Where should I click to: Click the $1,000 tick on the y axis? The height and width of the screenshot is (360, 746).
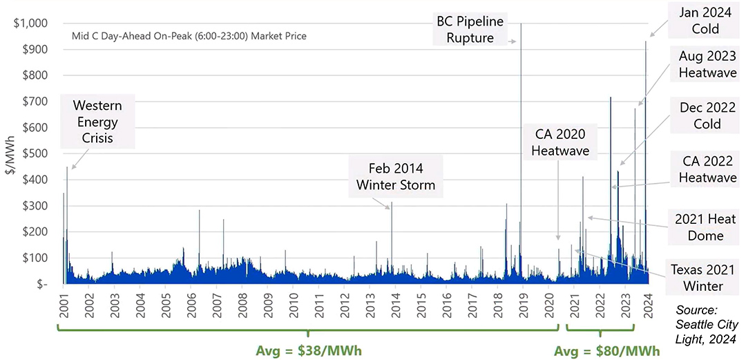30,23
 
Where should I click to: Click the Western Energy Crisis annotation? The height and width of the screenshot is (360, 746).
97,122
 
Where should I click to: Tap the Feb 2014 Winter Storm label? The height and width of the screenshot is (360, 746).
396,176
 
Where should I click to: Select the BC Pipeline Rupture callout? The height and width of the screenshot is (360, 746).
470,30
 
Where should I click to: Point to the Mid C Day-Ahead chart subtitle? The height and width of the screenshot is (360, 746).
189,35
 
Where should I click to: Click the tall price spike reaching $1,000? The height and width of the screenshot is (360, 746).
520,138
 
